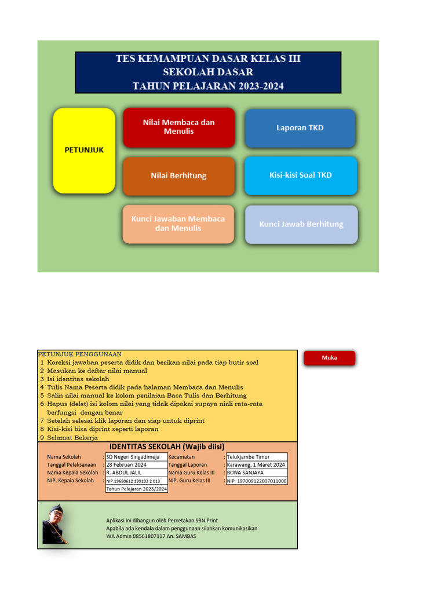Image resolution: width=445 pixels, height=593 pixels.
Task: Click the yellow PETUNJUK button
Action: click(84, 150)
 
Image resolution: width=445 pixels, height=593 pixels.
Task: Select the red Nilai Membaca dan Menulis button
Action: click(178, 127)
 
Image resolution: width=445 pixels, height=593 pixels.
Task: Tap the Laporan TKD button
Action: click(300, 128)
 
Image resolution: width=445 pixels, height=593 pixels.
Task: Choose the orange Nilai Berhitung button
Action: click(178, 175)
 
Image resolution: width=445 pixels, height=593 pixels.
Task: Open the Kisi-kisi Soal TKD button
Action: click(301, 175)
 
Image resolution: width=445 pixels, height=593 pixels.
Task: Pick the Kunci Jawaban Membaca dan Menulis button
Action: click(178, 224)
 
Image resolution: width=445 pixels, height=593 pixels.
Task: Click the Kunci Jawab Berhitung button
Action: click(301, 224)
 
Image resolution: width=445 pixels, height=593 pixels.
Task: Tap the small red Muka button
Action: click(329, 358)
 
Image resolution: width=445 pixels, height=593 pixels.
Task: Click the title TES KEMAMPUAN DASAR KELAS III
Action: click(208, 58)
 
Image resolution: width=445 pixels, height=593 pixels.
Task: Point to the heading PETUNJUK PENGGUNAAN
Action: click(80, 354)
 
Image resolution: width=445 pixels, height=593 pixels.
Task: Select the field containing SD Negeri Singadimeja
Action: click(136, 457)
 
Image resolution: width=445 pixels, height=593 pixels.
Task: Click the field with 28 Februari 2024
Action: click(136, 465)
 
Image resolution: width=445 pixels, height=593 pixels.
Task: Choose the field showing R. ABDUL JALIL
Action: click(136, 473)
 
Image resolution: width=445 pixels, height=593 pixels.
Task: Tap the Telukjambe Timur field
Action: click(256, 457)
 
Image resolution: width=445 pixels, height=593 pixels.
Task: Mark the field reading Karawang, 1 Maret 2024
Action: click(256, 465)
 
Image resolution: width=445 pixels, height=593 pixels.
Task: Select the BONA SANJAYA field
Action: click(256, 473)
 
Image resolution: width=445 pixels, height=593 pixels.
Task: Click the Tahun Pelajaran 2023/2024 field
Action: click(136, 489)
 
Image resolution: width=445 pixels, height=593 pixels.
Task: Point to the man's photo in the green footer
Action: click(56, 524)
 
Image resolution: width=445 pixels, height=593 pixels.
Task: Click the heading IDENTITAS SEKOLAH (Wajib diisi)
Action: click(167, 446)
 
